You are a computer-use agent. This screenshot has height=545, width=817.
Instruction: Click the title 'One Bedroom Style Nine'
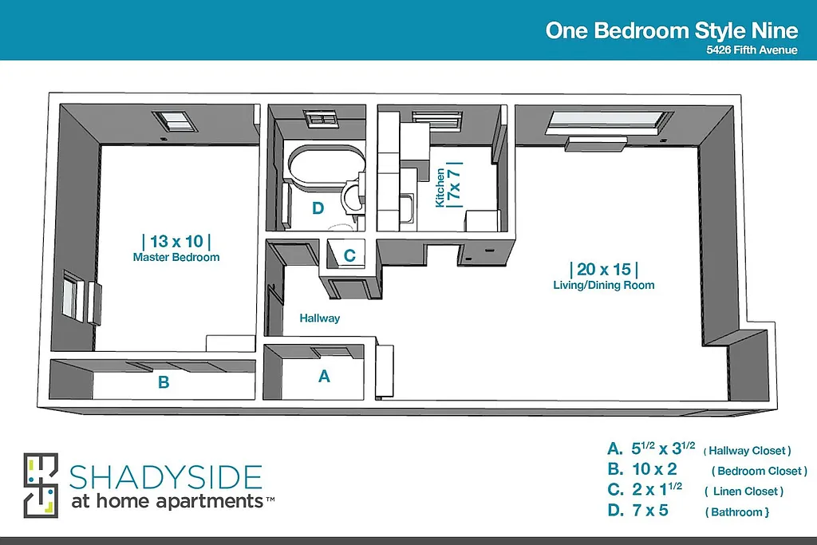pyautogui.click(x=671, y=30)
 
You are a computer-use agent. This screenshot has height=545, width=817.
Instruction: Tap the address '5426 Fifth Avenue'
pyautogui.click(x=752, y=50)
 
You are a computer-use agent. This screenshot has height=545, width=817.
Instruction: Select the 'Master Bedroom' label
pyautogui.click(x=176, y=258)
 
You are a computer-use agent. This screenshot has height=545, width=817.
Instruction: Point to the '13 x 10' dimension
pyautogui.click(x=176, y=241)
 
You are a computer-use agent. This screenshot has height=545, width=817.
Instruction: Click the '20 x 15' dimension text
pyautogui.click(x=604, y=269)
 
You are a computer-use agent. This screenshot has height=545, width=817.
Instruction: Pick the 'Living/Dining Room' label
pyautogui.click(x=604, y=285)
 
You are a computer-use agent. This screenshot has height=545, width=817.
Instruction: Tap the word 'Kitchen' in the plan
pyautogui.click(x=440, y=187)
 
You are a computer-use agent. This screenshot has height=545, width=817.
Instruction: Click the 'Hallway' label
pyautogui.click(x=320, y=318)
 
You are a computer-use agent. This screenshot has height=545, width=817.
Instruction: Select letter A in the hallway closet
pyautogui.click(x=324, y=376)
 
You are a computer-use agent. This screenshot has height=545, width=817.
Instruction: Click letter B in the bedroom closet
pyautogui.click(x=164, y=383)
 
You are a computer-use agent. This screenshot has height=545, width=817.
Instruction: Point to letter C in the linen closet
pyautogui.click(x=349, y=256)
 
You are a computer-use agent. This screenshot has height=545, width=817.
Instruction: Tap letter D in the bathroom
pyautogui.click(x=318, y=209)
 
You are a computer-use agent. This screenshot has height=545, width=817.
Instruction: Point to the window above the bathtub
pyautogui.click(x=322, y=119)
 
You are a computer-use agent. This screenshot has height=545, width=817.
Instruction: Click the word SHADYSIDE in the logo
pyautogui.click(x=166, y=477)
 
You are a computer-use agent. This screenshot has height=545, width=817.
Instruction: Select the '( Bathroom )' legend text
pyautogui.click(x=737, y=511)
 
